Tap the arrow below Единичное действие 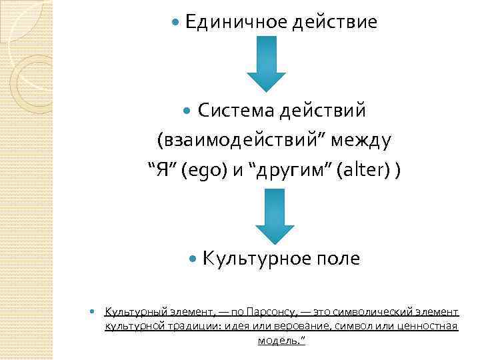[266, 63]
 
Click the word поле [337, 259]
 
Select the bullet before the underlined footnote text [93, 312]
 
